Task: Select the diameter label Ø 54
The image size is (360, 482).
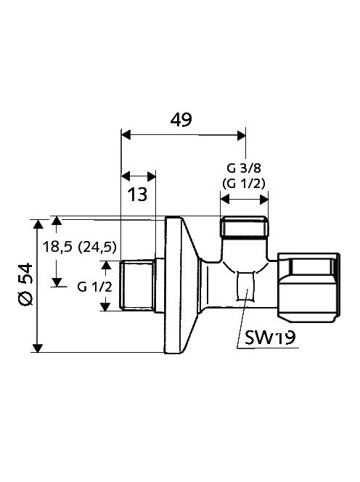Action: pyautogui.click(x=25, y=285)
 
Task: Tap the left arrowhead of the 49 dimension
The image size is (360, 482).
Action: pyautogui.click(x=125, y=135)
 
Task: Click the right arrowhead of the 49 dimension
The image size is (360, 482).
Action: pyautogui.click(x=241, y=135)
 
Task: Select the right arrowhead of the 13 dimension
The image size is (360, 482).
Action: pyautogui.click(x=151, y=176)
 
